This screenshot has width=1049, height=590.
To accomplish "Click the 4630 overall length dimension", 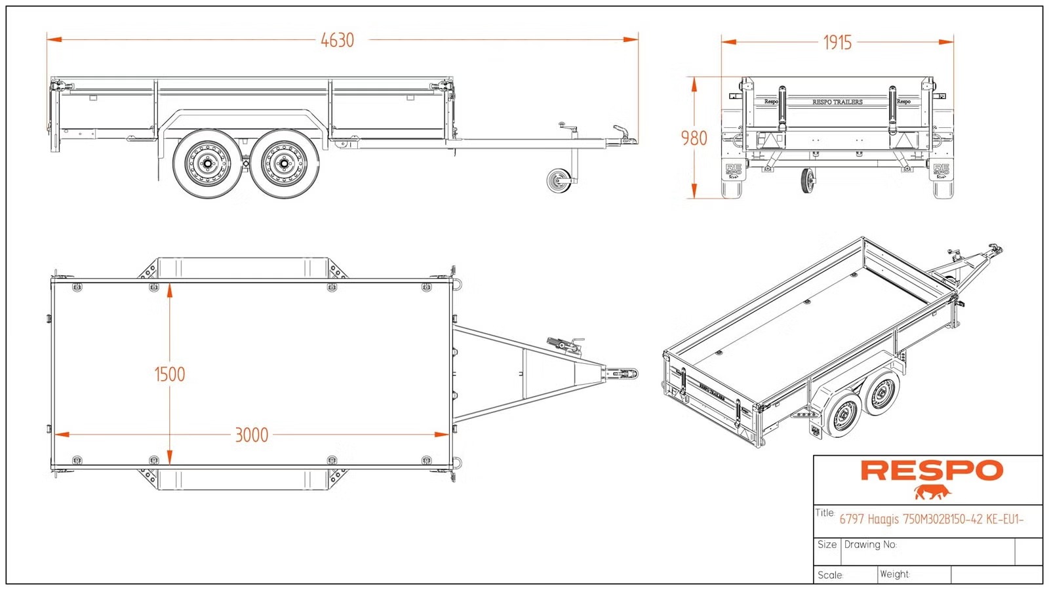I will point(337,41).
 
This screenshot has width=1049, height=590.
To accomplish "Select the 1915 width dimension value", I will point(837,43).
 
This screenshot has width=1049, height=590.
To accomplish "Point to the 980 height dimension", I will point(694,138).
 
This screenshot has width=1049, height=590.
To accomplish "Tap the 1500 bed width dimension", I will point(169,374).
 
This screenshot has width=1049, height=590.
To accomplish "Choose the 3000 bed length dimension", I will point(252,435).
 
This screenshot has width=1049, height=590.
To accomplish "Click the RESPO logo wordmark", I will point(932,471).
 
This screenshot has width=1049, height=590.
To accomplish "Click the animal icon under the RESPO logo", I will point(932,492).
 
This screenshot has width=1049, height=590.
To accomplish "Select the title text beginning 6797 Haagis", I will point(931,519).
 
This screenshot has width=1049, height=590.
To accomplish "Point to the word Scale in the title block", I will point(830,575).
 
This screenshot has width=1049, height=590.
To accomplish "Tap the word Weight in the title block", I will point(894,574).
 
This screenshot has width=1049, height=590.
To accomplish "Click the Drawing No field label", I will point(870,545).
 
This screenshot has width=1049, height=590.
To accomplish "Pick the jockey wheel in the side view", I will point(559,180).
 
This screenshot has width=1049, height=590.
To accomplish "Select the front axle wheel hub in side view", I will point(285,163).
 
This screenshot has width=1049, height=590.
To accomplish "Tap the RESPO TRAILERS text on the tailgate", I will point(837,102).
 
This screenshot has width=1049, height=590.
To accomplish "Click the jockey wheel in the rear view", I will point(808,181).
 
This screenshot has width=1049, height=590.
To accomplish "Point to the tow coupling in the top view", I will point(622,374).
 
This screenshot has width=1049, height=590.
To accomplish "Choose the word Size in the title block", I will point(827,545).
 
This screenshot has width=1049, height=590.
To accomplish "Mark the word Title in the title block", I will point(824,513).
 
